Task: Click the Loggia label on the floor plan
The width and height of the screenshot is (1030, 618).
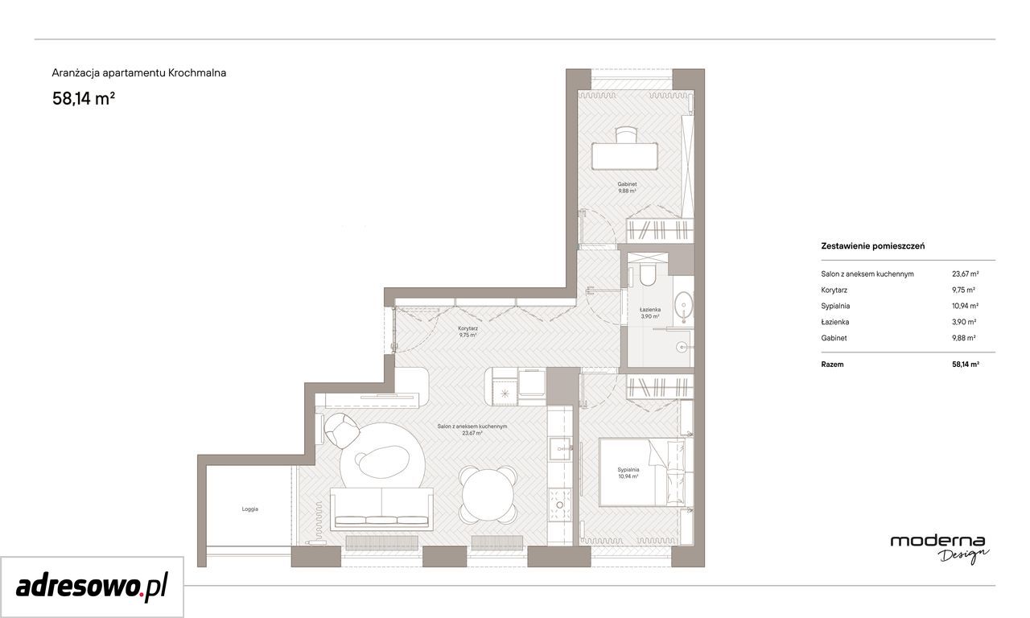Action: point(249,509)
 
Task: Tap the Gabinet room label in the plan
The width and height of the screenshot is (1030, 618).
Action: point(627,184)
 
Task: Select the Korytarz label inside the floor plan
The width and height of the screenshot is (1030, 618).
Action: point(468,328)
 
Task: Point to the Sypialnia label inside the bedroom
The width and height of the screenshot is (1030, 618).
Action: point(628,470)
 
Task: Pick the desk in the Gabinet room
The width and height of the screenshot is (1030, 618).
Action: point(624,156)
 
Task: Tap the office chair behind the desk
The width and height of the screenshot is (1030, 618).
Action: point(626,134)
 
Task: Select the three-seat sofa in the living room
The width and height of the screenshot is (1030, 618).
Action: point(381,508)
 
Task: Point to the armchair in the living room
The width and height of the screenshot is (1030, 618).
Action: point(341,430)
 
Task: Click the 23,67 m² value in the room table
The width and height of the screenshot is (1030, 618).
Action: point(965,274)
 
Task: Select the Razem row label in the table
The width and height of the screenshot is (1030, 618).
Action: point(832,365)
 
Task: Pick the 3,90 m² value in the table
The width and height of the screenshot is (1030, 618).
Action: point(964,322)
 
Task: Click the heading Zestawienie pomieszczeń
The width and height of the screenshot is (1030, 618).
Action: point(873,246)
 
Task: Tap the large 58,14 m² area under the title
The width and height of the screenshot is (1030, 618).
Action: point(83,99)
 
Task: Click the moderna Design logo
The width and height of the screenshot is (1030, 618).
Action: point(938,549)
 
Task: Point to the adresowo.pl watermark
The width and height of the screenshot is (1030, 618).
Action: point(92,587)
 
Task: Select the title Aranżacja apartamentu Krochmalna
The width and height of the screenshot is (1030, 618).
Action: point(139,72)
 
